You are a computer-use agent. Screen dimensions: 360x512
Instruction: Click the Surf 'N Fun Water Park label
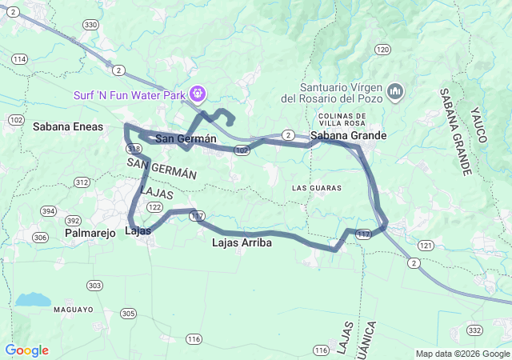pos(130,94)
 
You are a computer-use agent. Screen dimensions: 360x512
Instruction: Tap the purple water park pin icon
pos(197,94)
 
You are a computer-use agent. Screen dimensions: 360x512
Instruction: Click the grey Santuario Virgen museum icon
pos(394,93)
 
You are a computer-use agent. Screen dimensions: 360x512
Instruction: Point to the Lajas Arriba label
pos(242,242)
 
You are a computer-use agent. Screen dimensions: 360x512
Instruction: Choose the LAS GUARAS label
pos(317,188)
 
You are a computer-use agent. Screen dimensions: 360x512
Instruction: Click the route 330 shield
pos(90,26)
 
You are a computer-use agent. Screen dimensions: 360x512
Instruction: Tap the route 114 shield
pos(20,59)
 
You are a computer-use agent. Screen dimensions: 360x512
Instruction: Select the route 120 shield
pos(382,50)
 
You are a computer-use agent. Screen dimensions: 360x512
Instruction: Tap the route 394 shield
pos(48,211)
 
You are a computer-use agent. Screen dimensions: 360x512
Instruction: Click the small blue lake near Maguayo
pos(33,300)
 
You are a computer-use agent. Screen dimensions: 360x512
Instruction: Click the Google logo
pos(26,350)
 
